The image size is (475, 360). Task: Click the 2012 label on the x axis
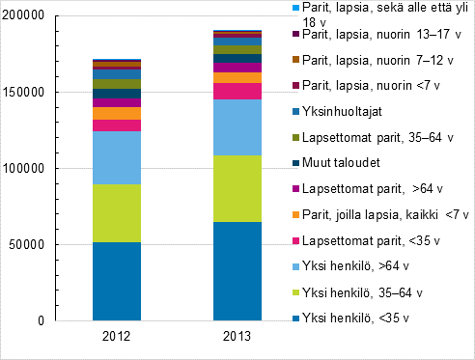[x=117, y=337]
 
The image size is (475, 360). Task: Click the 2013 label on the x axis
[x=237, y=337]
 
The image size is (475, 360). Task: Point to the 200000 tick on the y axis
[x=27, y=16]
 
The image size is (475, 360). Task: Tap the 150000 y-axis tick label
[x=27, y=93]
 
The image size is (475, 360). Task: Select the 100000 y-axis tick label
[x=27, y=169]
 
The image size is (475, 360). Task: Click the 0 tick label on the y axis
[x=42, y=320]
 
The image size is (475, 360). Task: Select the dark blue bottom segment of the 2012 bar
[x=117, y=281]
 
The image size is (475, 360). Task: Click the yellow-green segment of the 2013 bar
[x=237, y=188]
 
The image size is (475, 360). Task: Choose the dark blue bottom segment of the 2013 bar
[x=237, y=271]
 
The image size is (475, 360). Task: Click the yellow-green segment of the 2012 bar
[x=117, y=212]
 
